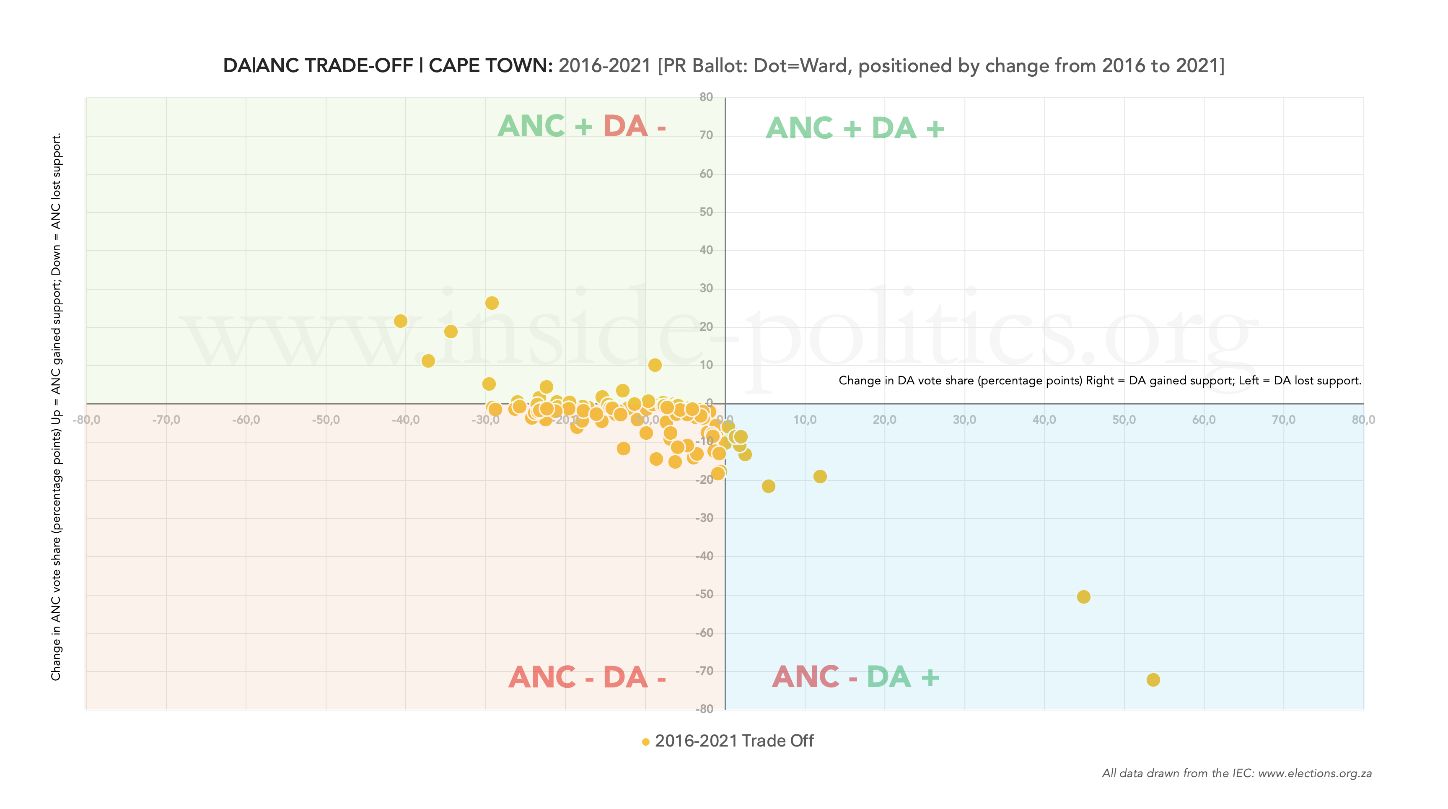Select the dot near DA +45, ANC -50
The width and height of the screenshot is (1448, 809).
[1083, 596]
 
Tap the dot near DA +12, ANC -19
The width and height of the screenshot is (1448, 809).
[820, 476]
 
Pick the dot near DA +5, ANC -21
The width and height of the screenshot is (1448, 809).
[768, 486]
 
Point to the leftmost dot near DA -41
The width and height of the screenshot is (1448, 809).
[400, 321]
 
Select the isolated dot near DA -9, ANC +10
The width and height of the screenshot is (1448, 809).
[654, 365]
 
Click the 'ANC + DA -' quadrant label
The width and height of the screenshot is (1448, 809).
[581, 126]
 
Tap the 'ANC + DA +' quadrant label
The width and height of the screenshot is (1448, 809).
[855, 128]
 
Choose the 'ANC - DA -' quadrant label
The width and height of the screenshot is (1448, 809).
[587, 677]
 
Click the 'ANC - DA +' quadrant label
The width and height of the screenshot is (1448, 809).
[855, 677]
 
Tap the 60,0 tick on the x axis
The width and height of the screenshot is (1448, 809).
[1204, 420]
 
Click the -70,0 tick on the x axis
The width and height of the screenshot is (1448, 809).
[166, 420]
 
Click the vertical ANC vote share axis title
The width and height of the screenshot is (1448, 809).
[56, 407]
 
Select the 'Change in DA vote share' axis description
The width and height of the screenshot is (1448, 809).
[1099, 381]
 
